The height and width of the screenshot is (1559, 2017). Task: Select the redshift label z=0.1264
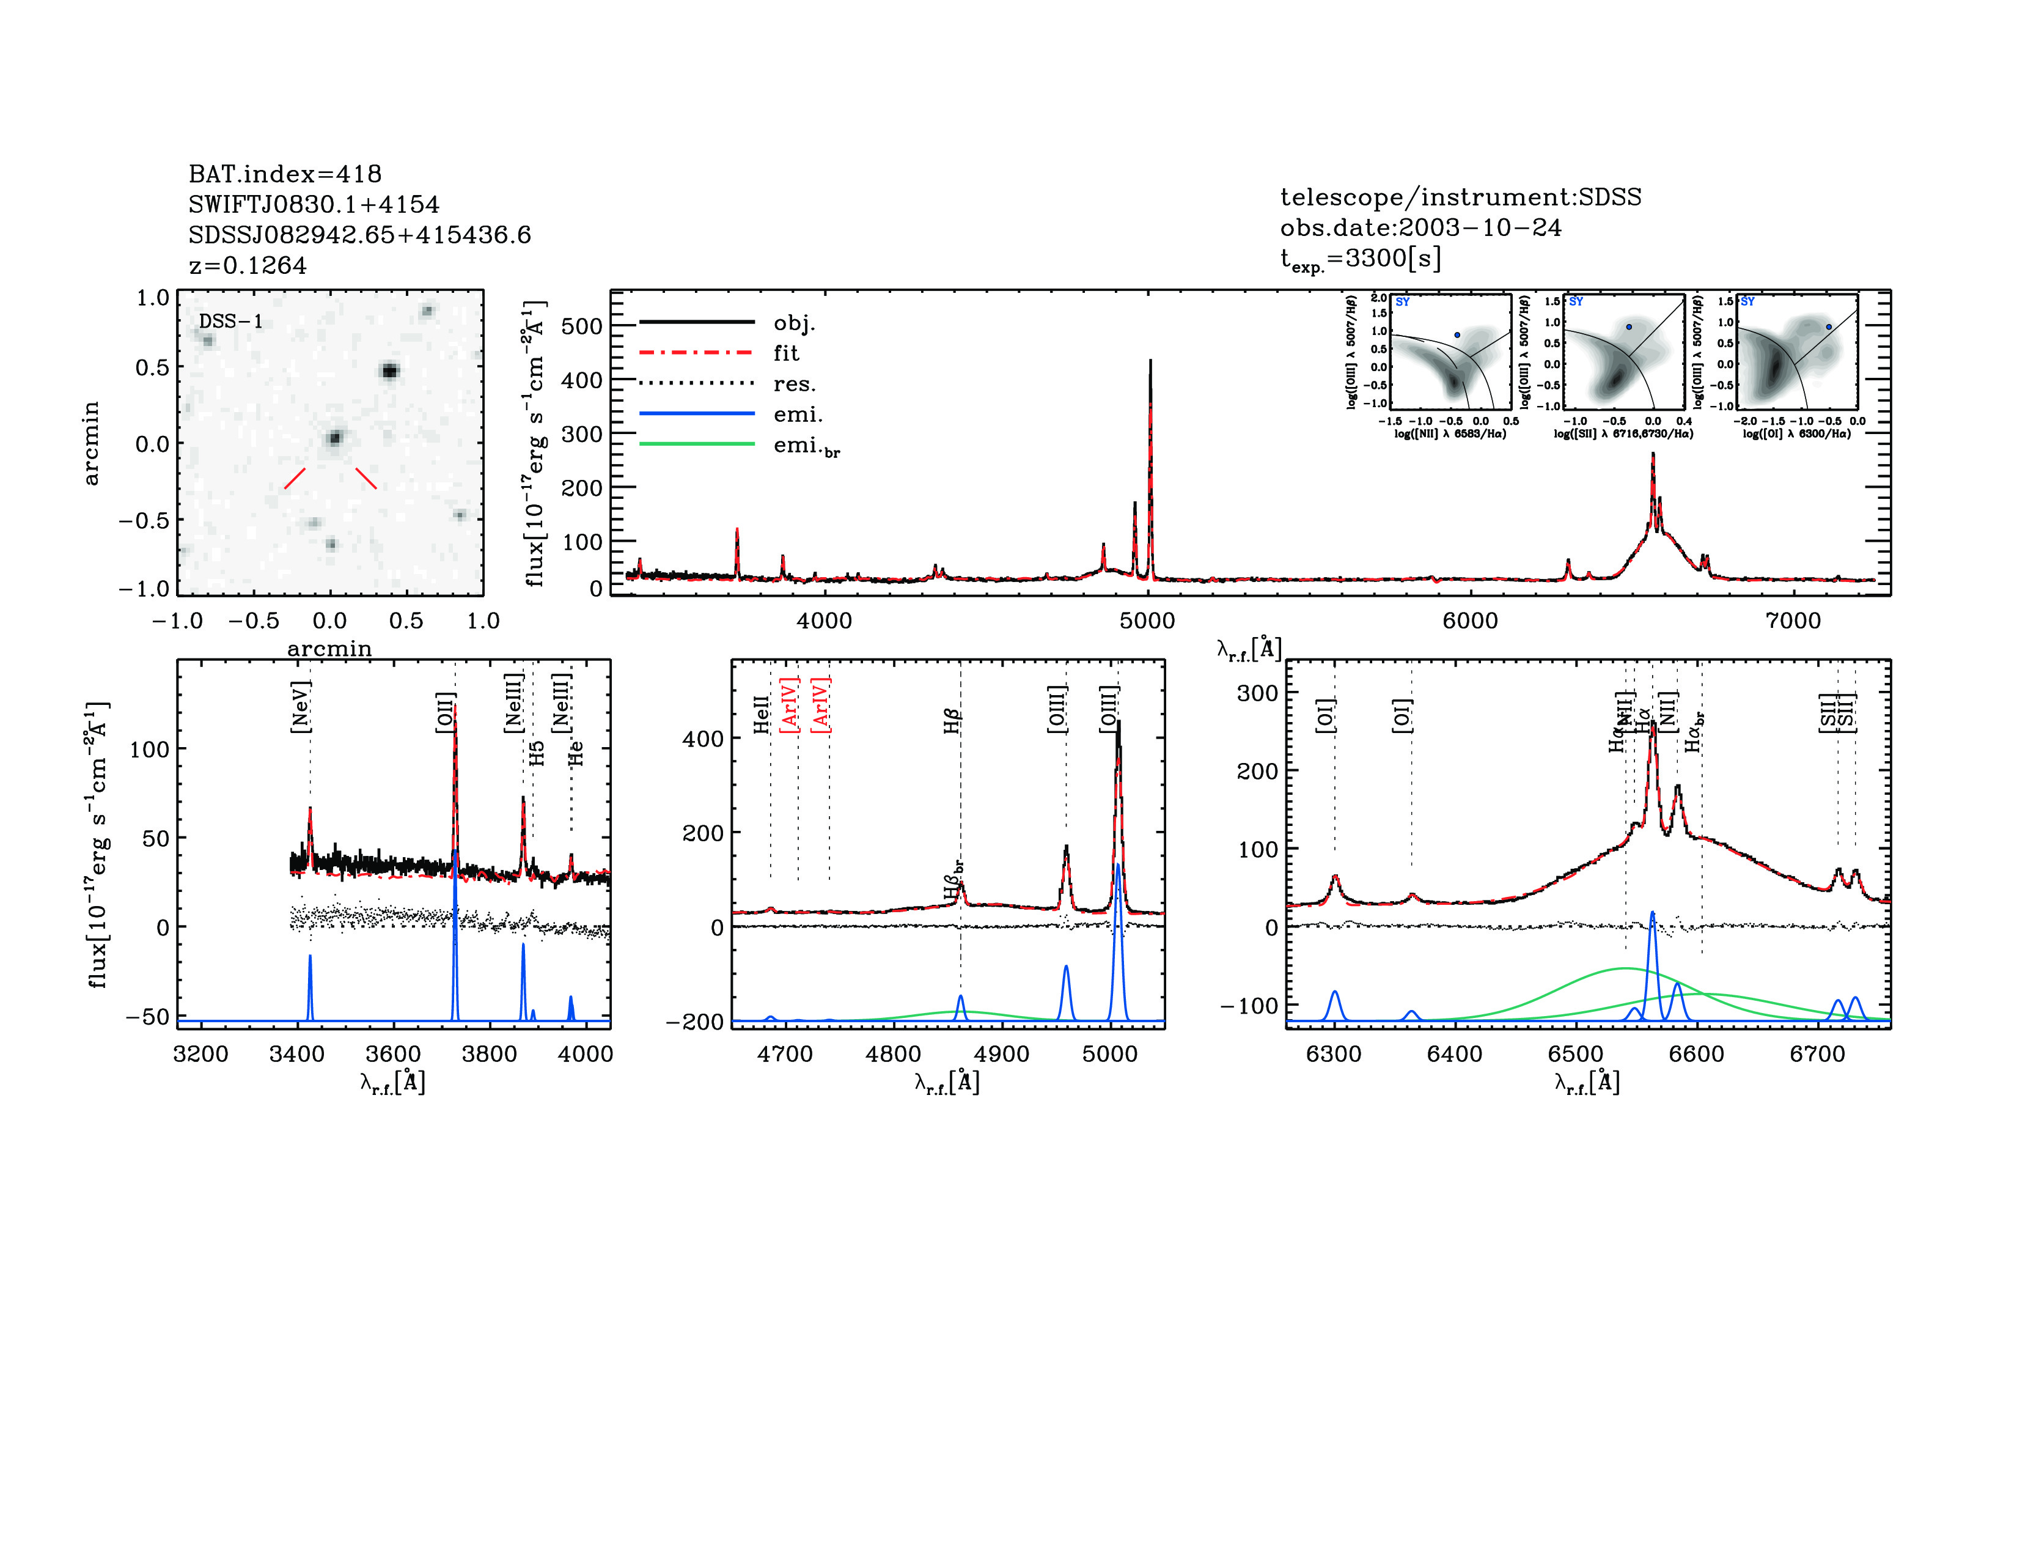pyautogui.click(x=248, y=265)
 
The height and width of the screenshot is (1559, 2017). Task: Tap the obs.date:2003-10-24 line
pyautogui.click(x=1420, y=227)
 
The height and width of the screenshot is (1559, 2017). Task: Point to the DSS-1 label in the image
pyautogui.click(x=231, y=322)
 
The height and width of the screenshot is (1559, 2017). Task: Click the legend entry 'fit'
pyautogui.click(x=786, y=353)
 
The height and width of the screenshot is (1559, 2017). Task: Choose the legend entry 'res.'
pyautogui.click(x=793, y=384)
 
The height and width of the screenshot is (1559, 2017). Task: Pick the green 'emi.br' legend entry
pyautogui.click(x=806, y=446)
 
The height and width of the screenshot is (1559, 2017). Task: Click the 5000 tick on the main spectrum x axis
pyautogui.click(x=1147, y=621)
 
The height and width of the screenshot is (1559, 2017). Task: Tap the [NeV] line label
pyautogui.click(x=300, y=707)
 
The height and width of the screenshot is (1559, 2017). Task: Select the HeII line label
pyautogui.click(x=761, y=715)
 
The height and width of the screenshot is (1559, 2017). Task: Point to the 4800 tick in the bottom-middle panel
pyautogui.click(x=893, y=1054)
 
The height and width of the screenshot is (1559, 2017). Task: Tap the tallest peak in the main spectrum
pyautogui.click(x=1150, y=362)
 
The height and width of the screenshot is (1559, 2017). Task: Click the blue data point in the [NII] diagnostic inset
pyautogui.click(x=1457, y=335)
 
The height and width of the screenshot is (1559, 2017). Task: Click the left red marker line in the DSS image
pyautogui.click(x=295, y=477)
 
